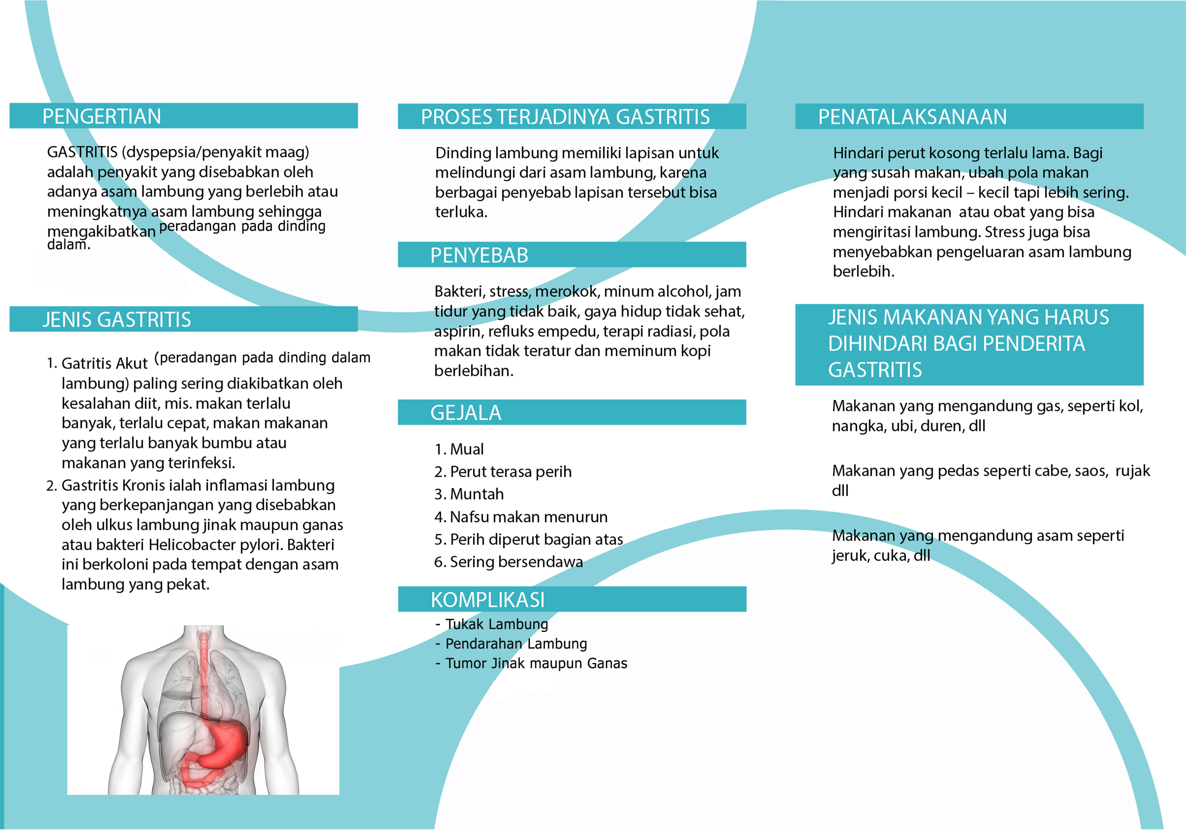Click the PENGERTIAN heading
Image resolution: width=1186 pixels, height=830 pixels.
[102, 116]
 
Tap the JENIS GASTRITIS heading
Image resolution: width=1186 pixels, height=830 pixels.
[117, 320]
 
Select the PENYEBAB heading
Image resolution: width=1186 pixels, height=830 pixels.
[479, 255]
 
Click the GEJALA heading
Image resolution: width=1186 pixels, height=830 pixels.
[466, 413]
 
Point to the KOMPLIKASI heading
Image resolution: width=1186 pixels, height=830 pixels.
[488, 600]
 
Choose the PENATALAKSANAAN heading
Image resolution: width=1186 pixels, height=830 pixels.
[912, 117]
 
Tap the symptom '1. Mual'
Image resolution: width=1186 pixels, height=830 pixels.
[459, 449]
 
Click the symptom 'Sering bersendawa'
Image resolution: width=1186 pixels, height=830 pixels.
[516, 562]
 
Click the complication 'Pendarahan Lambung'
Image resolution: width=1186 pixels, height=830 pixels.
[516, 644]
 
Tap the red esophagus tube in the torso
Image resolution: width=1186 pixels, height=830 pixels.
[204, 671]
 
